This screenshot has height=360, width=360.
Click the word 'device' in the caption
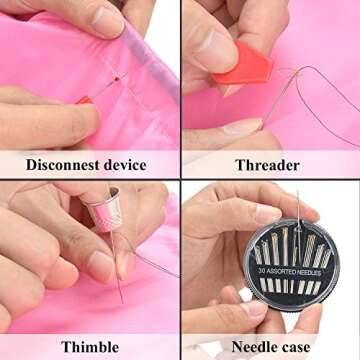pyautogui.click(x=127, y=165)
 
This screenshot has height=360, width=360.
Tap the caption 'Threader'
pyautogui.click(x=267, y=165)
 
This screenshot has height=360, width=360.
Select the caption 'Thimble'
pyautogui.click(x=90, y=347)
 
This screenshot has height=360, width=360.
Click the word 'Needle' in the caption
pyautogui.click(x=246, y=347)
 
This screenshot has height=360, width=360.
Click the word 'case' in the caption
pyautogui.click(x=301, y=347)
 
